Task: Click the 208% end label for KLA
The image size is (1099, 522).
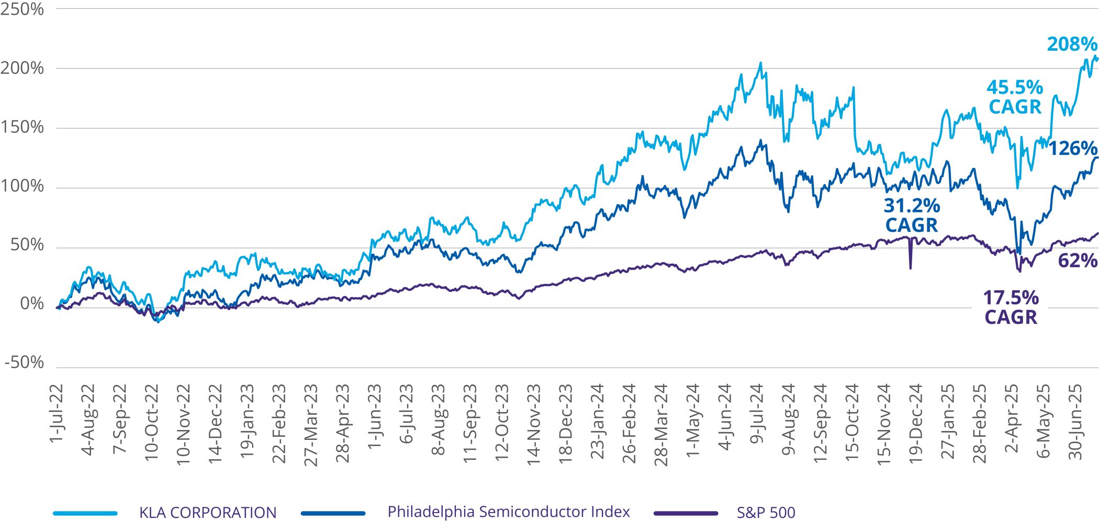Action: coord(1071,44)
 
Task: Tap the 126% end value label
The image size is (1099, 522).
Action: coord(1072,149)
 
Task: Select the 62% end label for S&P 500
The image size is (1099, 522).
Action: coord(1077,260)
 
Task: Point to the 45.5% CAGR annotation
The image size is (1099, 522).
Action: coord(1015,97)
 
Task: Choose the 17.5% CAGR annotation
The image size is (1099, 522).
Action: coord(1011,308)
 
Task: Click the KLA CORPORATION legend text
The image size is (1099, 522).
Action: coord(208,512)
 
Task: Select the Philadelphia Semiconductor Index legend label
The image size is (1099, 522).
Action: coord(509,512)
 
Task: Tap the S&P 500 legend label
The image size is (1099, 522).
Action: coord(766,513)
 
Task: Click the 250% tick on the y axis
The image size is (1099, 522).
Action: coord(22,9)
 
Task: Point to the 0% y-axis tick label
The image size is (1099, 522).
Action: coord(31,303)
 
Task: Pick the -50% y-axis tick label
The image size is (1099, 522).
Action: coord(25,362)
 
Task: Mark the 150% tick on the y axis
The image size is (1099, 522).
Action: coord(22,127)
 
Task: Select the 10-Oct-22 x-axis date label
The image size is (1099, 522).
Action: coord(151,423)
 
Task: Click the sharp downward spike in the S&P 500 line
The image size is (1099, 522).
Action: coord(911,267)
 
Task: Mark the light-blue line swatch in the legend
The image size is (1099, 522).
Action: coord(85,513)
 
